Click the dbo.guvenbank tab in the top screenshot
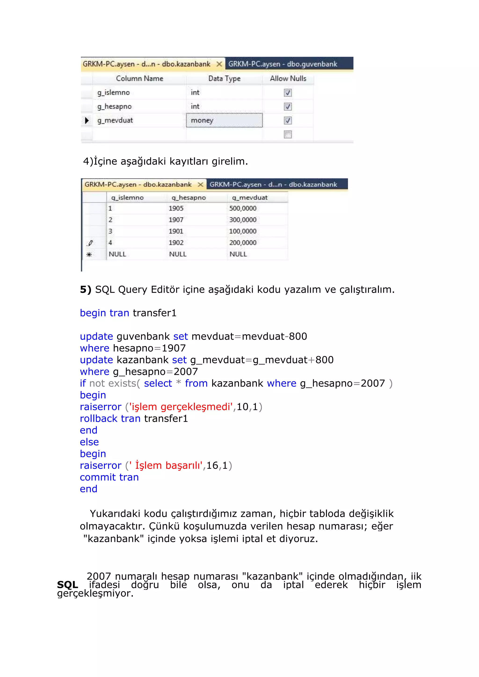click(x=283, y=64)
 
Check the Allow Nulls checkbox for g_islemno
click(x=288, y=93)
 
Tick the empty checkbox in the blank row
click(x=288, y=134)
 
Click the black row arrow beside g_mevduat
click(x=87, y=120)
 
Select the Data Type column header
click(x=224, y=79)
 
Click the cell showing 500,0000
click(x=243, y=208)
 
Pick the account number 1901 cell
click(x=176, y=231)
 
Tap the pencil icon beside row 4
click(x=90, y=243)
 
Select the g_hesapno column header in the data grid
click(x=189, y=198)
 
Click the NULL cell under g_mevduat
click(x=238, y=254)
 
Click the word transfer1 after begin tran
click(x=155, y=313)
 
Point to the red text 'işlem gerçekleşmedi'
click(x=181, y=407)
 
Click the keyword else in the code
click(x=89, y=442)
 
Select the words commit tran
click(x=109, y=477)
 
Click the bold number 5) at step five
click(x=86, y=290)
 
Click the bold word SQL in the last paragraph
click(x=68, y=584)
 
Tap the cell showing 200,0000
click(x=243, y=243)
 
